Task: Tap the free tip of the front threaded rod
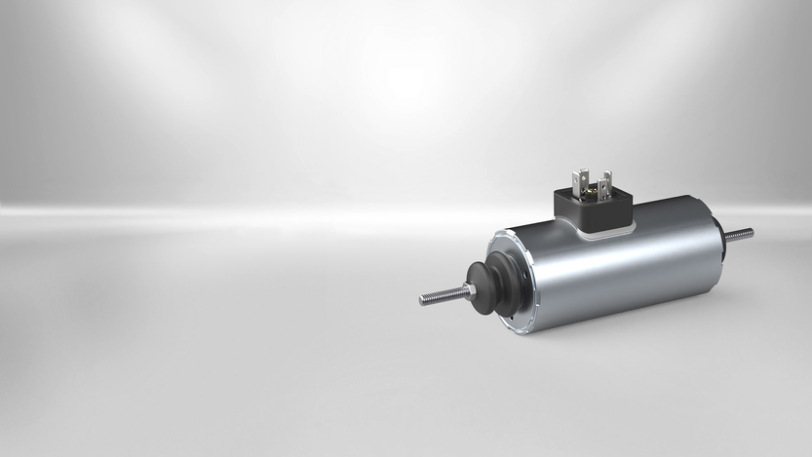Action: (424, 300)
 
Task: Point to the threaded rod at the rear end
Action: (742, 234)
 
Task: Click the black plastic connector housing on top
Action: (592, 208)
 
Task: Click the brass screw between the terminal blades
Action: (592, 191)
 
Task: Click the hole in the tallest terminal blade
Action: (579, 178)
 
